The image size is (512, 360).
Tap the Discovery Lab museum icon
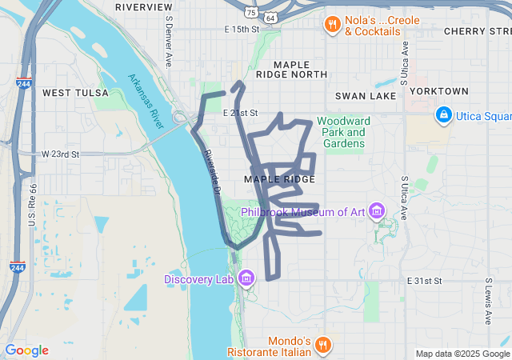pos(246,278)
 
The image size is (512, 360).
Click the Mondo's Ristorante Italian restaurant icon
pos(322,345)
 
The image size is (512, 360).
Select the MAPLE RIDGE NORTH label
pos(300,69)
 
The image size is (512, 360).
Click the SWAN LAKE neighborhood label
pos(366,95)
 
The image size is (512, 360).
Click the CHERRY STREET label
pos(477,30)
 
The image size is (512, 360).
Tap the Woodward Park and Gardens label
pos(341,132)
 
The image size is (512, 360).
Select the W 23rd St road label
pos(60,154)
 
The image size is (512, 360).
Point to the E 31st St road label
pos(424,281)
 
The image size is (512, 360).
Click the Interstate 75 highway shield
pos(251,14)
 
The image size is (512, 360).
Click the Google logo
pos(26,350)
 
